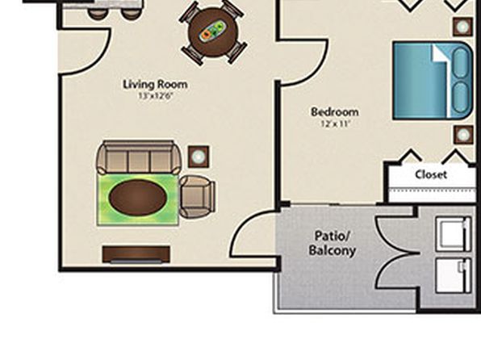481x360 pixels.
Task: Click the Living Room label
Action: coord(155,85)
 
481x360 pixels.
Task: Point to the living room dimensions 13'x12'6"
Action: coord(156,96)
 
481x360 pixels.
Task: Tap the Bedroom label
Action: coord(335,112)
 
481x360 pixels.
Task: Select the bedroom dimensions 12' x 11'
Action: coord(335,123)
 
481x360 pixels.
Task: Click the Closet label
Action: coord(431,174)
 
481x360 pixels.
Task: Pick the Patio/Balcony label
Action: coord(333,244)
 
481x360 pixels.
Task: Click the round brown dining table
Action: coord(213,32)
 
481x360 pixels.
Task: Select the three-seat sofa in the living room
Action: coord(139,157)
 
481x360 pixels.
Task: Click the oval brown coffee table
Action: coord(139,198)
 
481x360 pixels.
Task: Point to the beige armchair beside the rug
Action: coord(197,197)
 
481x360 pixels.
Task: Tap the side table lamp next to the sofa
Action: coord(199,157)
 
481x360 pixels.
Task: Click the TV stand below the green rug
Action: coord(136,254)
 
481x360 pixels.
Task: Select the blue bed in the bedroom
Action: coord(433,81)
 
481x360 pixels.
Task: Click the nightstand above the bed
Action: coord(463,27)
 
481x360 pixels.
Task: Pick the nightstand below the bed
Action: coord(463,135)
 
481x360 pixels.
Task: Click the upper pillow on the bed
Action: coord(462,63)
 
